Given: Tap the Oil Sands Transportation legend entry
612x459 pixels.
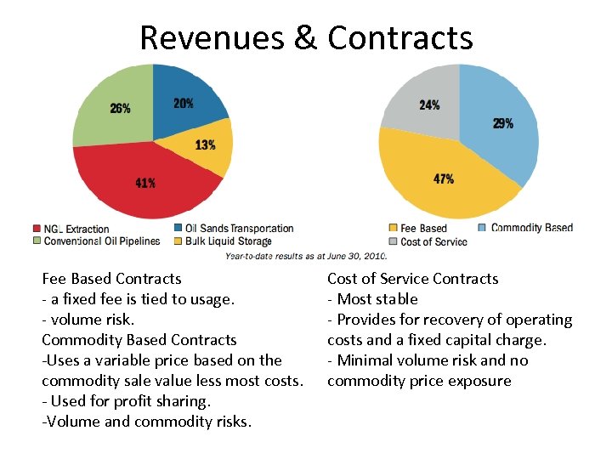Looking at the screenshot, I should pos(233,229).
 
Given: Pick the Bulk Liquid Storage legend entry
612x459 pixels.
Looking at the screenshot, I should pos(222,241).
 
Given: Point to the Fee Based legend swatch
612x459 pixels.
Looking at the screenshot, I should pos(393,229).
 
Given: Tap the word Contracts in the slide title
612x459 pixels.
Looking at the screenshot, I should pos(399,37).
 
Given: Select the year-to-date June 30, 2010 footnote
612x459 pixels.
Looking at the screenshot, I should pos(306,254).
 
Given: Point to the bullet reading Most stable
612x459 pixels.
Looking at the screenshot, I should pos(373,299).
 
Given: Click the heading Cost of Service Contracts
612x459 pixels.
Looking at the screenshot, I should pos(412,279).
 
